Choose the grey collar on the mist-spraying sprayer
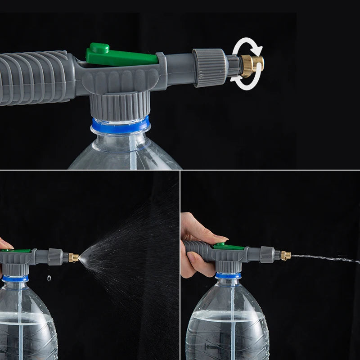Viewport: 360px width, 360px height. (x=55, y=256)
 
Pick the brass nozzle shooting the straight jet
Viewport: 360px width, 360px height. (x=286, y=256)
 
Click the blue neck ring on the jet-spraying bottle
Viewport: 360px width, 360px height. (x=228, y=275)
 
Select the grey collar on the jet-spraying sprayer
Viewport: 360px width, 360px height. (x=266, y=254)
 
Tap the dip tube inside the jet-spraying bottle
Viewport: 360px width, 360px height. (x=232, y=315)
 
